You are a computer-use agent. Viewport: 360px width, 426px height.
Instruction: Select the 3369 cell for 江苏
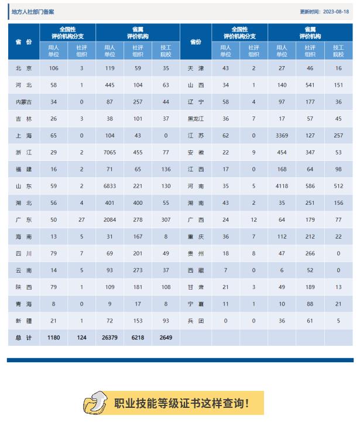282,135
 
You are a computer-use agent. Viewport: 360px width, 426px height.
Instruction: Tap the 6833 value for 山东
109,186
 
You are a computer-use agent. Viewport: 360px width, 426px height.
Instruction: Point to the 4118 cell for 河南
282,186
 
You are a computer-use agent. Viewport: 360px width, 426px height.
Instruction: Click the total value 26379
109,338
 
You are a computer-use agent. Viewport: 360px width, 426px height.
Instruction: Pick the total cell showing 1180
53,338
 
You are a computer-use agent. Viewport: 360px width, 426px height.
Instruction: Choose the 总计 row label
24,338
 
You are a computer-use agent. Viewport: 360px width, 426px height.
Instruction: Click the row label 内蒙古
24,102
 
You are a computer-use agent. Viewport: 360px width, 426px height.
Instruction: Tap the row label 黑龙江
196,119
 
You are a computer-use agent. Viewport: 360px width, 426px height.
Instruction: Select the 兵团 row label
196,321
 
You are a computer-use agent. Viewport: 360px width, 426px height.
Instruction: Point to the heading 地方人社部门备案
33,12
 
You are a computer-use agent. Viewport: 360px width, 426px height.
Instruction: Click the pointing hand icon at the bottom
96,403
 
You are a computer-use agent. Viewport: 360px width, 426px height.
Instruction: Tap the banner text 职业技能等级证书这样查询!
181,403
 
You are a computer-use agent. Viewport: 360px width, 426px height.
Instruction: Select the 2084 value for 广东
109,219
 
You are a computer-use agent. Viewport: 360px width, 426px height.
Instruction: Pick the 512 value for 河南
338,186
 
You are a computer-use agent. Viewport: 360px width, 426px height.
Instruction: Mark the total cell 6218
138,338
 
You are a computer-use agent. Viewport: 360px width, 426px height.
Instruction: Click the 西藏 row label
196,270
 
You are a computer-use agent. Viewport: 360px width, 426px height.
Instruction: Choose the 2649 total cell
166,338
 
